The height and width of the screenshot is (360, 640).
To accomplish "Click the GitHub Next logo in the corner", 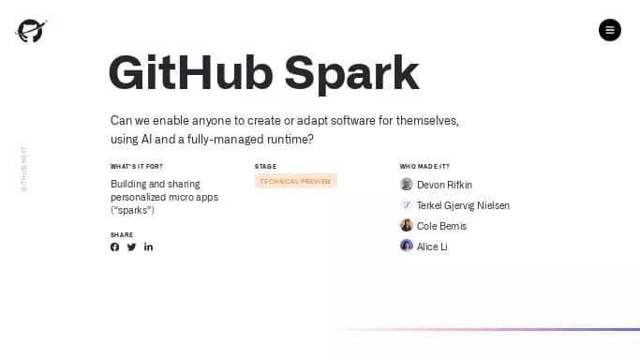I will point(31,30).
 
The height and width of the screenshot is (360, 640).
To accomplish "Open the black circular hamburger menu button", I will point(610,30).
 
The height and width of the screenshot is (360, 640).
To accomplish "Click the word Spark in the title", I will point(351,73).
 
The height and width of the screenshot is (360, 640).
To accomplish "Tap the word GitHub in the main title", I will point(190,73).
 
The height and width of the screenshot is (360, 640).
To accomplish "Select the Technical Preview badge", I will point(295,181).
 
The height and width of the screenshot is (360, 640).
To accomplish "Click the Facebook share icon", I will point(115,247).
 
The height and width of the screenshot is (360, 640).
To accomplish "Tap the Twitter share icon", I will point(131,247).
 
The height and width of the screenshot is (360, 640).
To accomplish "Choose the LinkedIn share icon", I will point(148,247).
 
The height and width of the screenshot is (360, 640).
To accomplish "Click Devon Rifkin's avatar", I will point(407,185).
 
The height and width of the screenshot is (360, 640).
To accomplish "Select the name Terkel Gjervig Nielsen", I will point(463,205).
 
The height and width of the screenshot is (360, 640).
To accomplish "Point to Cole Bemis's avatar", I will point(407,226).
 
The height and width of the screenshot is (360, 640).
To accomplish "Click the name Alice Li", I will point(432,247).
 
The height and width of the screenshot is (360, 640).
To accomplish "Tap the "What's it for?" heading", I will point(136,167).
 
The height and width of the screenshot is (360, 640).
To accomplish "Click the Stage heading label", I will point(265,167).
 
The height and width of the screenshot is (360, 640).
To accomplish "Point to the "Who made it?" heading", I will point(424,167).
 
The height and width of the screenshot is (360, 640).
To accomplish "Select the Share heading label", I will point(122,235).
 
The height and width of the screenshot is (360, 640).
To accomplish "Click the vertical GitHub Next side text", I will point(24,169).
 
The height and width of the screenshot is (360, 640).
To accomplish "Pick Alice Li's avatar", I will point(407,246).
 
